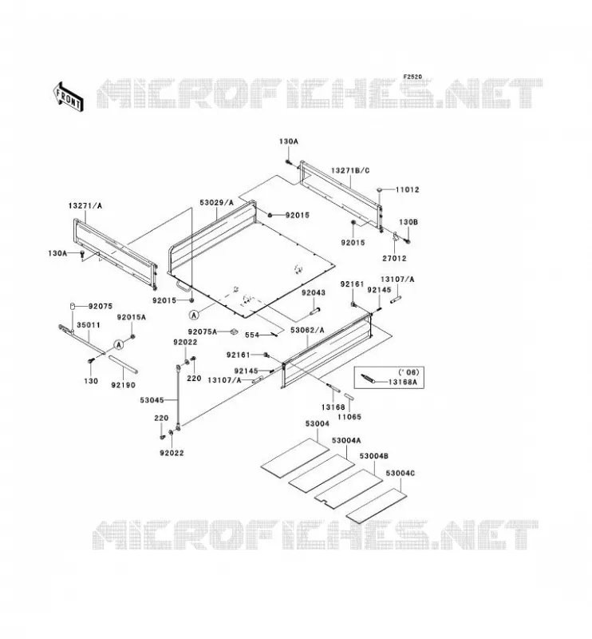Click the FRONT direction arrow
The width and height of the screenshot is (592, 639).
pyautogui.click(x=68, y=97)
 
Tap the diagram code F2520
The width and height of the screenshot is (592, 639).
pyautogui.click(x=412, y=77)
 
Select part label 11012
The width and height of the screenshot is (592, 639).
pyautogui.click(x=407, y=189)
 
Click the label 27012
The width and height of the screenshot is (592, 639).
pyautogui.click(x=394, y=258)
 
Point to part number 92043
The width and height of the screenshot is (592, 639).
pyautogui.click(x=313, y=292)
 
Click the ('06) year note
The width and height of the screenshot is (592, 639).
pyautogui.click(x=408, y=372)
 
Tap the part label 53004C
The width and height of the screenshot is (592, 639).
pyautogui.click(x=401, y=473)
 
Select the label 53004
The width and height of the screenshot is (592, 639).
pyautogui.click(x=318, y=424)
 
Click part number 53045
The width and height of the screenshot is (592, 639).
pyautogui.click(x=152, y=400)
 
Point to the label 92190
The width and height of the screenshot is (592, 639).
pyautogui.click(x=124, y=385)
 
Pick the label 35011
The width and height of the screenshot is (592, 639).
pyautogui.click(x=89, y=325)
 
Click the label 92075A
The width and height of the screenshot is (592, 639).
pyautogui.click(x=203, y=331)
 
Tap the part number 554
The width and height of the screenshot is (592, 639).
pyautogui.click(x=252, y=335)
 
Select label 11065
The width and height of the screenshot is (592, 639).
pyautogui.click(x=349, y=417)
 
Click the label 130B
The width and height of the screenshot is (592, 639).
pyautogui.click(x=408, y=223)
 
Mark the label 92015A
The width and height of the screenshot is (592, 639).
pyautogui.click(x=131, y=317)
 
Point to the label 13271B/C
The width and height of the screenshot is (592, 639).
pyautogui.click(x=350, y=170)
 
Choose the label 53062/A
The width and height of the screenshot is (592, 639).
pyautogui.click(x=307, y=330)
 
